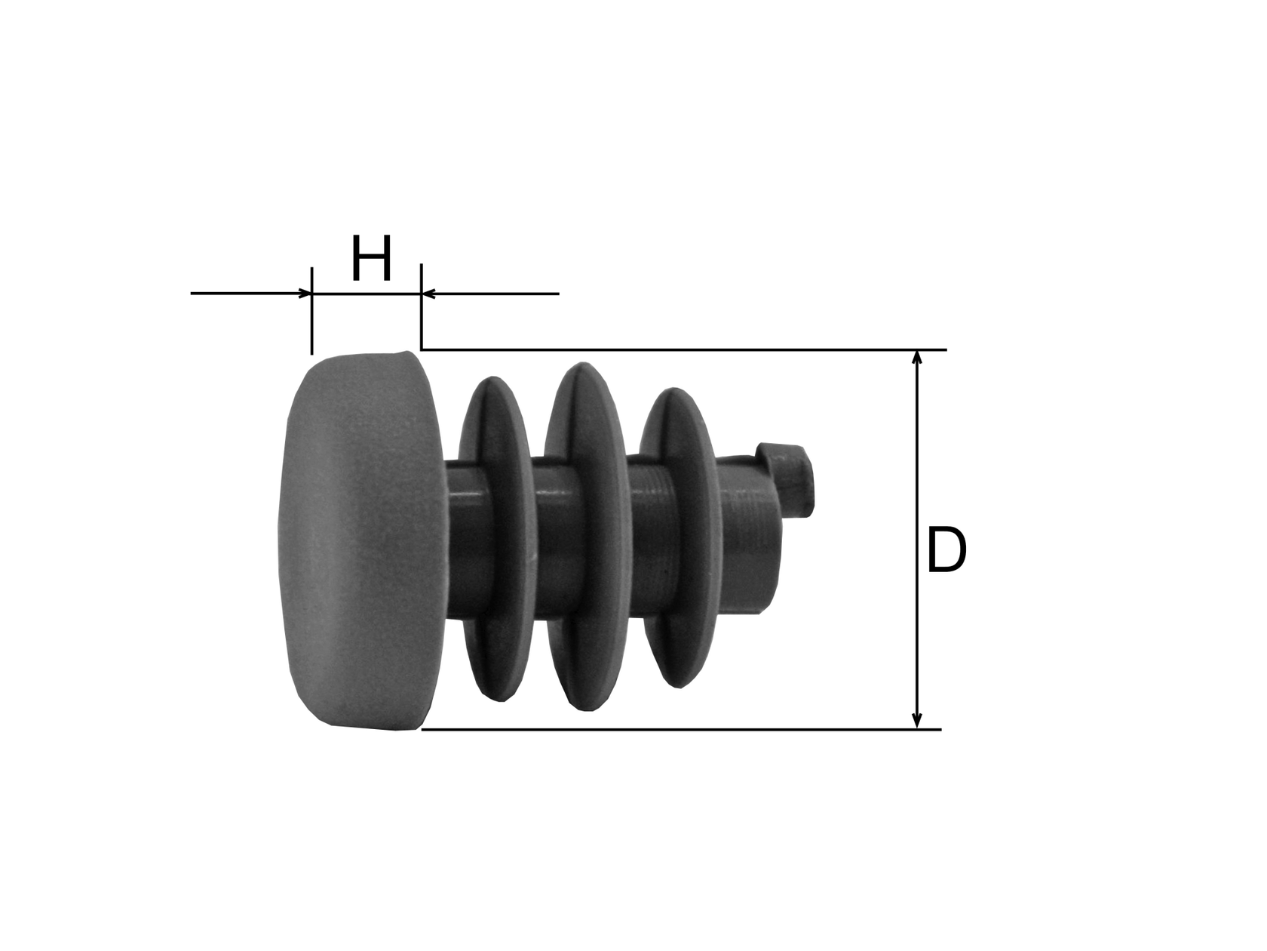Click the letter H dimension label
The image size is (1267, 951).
[x=371, y=259]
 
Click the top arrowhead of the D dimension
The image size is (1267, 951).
[x=916, y=358]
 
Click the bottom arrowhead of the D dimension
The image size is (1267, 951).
[x=916, y=722]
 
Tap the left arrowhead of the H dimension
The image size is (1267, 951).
[x=304, y=293]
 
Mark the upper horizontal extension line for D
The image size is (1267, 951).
[x=679, y=349]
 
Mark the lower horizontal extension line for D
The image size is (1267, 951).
[x=679, y=729]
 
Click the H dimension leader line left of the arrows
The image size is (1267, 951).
[x=241, y=293]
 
